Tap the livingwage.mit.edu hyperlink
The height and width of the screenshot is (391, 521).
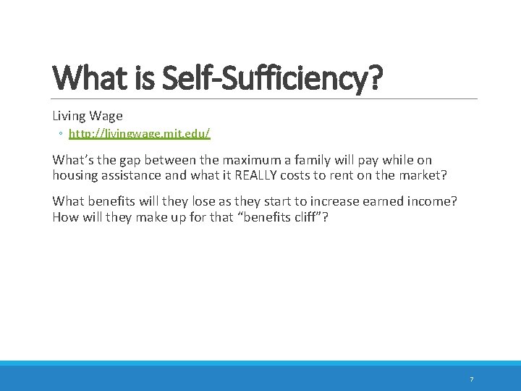pyautogui.click(x=140, y=134)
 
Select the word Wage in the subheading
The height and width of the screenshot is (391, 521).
pyautogui.click(x=106, y=116)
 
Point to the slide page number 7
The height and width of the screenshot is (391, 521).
pyautogui.click(x=472, y=379)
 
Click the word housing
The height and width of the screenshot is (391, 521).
pyautogui.click(x=75, y=175)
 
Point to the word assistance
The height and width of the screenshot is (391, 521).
pyautogui.click(x=132, y=175)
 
